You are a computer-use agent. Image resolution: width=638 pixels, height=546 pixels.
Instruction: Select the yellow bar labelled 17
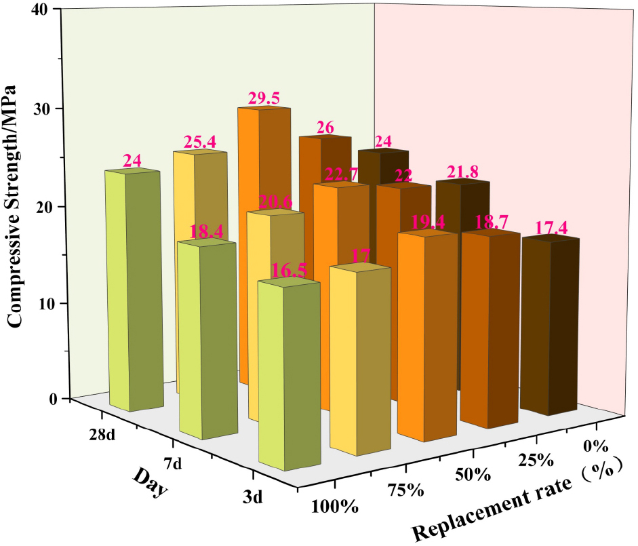(x=359, y=359)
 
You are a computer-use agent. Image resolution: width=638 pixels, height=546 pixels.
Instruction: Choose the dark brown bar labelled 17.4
(x=549, y=326)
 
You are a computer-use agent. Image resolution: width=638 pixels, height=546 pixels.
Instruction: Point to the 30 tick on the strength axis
(x=55, y=109)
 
